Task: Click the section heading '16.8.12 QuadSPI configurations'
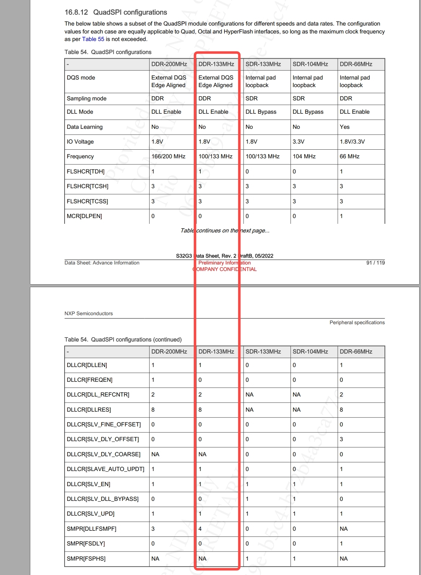coord(116,12)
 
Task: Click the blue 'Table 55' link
coord(93,39)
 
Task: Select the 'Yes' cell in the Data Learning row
coord(345,127)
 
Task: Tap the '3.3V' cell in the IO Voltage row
coord(298,142)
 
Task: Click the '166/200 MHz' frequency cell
coord(168,157)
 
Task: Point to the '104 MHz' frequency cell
coord(304,157)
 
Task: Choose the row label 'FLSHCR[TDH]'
coord(85,172)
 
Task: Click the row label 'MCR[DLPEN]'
coord(84,216)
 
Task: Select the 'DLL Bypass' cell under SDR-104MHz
coord(308,112)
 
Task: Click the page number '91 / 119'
coord(375,263)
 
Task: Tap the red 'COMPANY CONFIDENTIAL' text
coord(225,269)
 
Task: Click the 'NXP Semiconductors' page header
coord(89,313)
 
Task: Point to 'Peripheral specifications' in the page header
coord(357,322)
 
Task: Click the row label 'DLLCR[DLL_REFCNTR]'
coord(98,395)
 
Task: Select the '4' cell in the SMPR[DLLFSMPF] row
coord(200,529)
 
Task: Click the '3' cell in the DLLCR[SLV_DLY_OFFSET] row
coord(341,439)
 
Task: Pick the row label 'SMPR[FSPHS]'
coord(86,559)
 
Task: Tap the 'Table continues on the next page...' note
coord(225,231)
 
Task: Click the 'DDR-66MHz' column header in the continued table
coord(356,352)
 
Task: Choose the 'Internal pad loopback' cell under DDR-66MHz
coord(355,81)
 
